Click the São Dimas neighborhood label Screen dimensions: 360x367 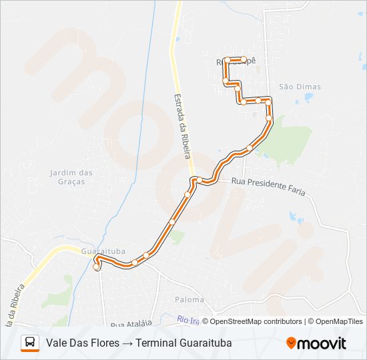[x=300, y=87]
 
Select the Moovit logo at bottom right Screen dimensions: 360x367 [x=316, y=343]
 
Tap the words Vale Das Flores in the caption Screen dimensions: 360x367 [x=83, y=343]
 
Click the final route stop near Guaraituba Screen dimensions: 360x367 [x=97, y=267]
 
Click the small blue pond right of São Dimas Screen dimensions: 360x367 [x=308, y=97]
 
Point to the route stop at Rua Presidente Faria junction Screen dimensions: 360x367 [x=198, y=179]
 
